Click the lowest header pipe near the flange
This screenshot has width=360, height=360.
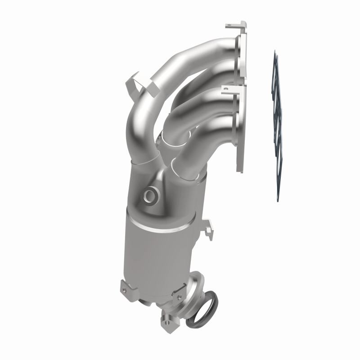211,139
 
